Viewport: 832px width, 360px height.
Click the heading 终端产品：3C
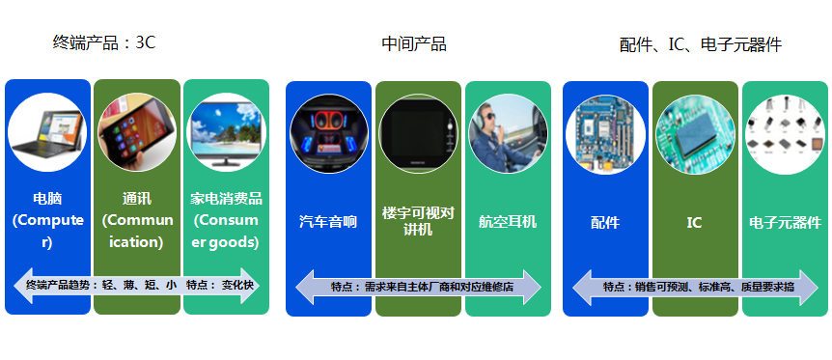point(104,42)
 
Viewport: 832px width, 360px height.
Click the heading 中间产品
point(414,43)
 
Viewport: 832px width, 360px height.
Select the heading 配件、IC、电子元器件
point(700,44)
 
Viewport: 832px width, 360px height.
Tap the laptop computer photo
point(47,132)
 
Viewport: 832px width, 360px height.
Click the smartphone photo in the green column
point(137,132)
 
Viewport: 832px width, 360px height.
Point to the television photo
point(226,132)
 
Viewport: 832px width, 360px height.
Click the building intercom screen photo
point(418,133)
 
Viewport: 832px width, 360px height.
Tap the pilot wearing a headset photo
point(508,133)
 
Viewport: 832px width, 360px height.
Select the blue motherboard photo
point(605,134)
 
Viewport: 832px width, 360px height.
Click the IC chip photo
point(694,134)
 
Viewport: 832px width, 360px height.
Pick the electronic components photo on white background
point(785,134)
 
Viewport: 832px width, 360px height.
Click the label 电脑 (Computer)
point(47,220)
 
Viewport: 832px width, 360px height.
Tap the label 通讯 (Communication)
point(137,220)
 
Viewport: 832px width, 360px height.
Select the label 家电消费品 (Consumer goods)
point(226,220)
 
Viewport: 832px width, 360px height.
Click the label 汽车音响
point(328,222)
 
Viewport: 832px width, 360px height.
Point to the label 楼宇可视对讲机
point(418,221)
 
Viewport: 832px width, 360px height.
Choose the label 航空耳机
point(508,222)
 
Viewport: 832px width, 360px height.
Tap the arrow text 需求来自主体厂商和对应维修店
point(418,287)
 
